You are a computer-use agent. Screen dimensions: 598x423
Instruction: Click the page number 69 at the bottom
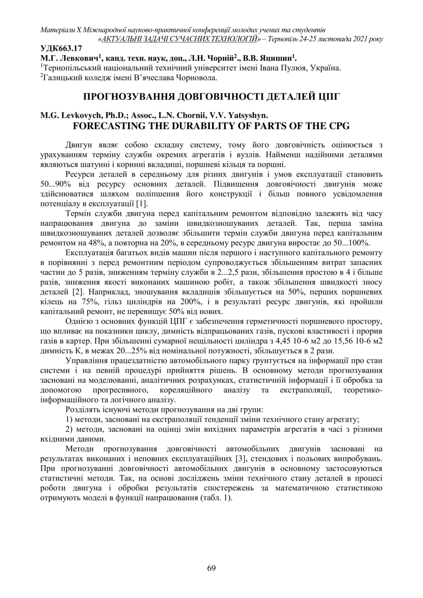[211, 568]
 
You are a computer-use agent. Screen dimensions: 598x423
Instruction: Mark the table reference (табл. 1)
[216, 498]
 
